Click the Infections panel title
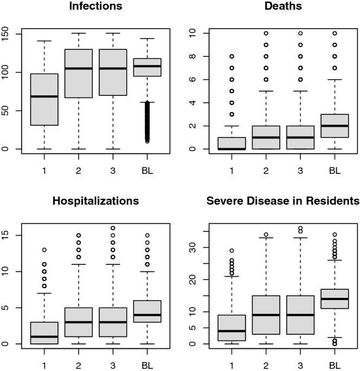tap(95, 6)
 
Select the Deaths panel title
tap(283, 6)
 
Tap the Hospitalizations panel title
tap(95, 201)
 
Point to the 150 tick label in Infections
tap(5, 34)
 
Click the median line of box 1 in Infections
tap(44, 96)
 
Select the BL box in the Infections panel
tap(147, 67)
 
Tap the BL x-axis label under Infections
tap(147, 171)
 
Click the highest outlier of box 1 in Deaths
tap(232, 56)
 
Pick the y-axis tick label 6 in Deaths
tap(193, 80)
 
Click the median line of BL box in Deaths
tap(335, 126)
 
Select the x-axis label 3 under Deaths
tap(300, 171)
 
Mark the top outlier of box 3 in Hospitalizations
tap(113, 228)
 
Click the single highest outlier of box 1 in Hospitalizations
tap(44, 250)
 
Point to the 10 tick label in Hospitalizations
tap(5, 271)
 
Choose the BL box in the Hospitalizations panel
tap(147, 311)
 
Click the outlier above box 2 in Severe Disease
tap(266, 235)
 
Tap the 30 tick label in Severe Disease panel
tap(193, 248)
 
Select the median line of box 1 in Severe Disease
tap(232, 331)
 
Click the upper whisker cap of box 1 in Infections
tap(44, 41)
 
